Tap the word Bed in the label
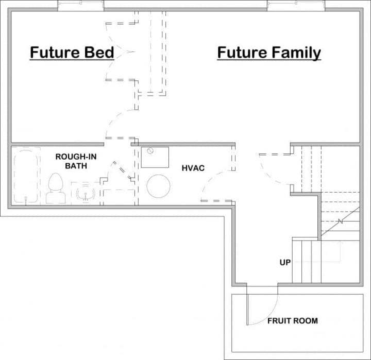[x=97, y=53]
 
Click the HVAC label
[x=193, y=168]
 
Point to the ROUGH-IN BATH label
[x=75, y=161]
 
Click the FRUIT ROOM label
[x=292, y=321]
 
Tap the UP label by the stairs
[x=285, y=263]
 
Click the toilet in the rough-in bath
[x=56, y=188]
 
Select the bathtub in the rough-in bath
[x=26, y=176]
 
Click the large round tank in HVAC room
[x=159, y=186]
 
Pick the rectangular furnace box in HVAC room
[x=155, y=158]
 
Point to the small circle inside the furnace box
[x=150, y=151]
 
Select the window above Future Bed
[x=81, y=6]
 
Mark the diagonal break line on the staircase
[x=340, y=222]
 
